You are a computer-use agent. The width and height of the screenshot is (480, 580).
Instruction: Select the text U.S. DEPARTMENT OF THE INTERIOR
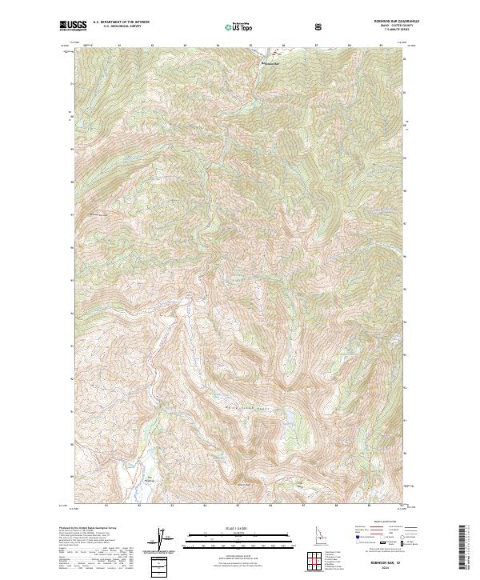pyautogui.click(x=120, y=23)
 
